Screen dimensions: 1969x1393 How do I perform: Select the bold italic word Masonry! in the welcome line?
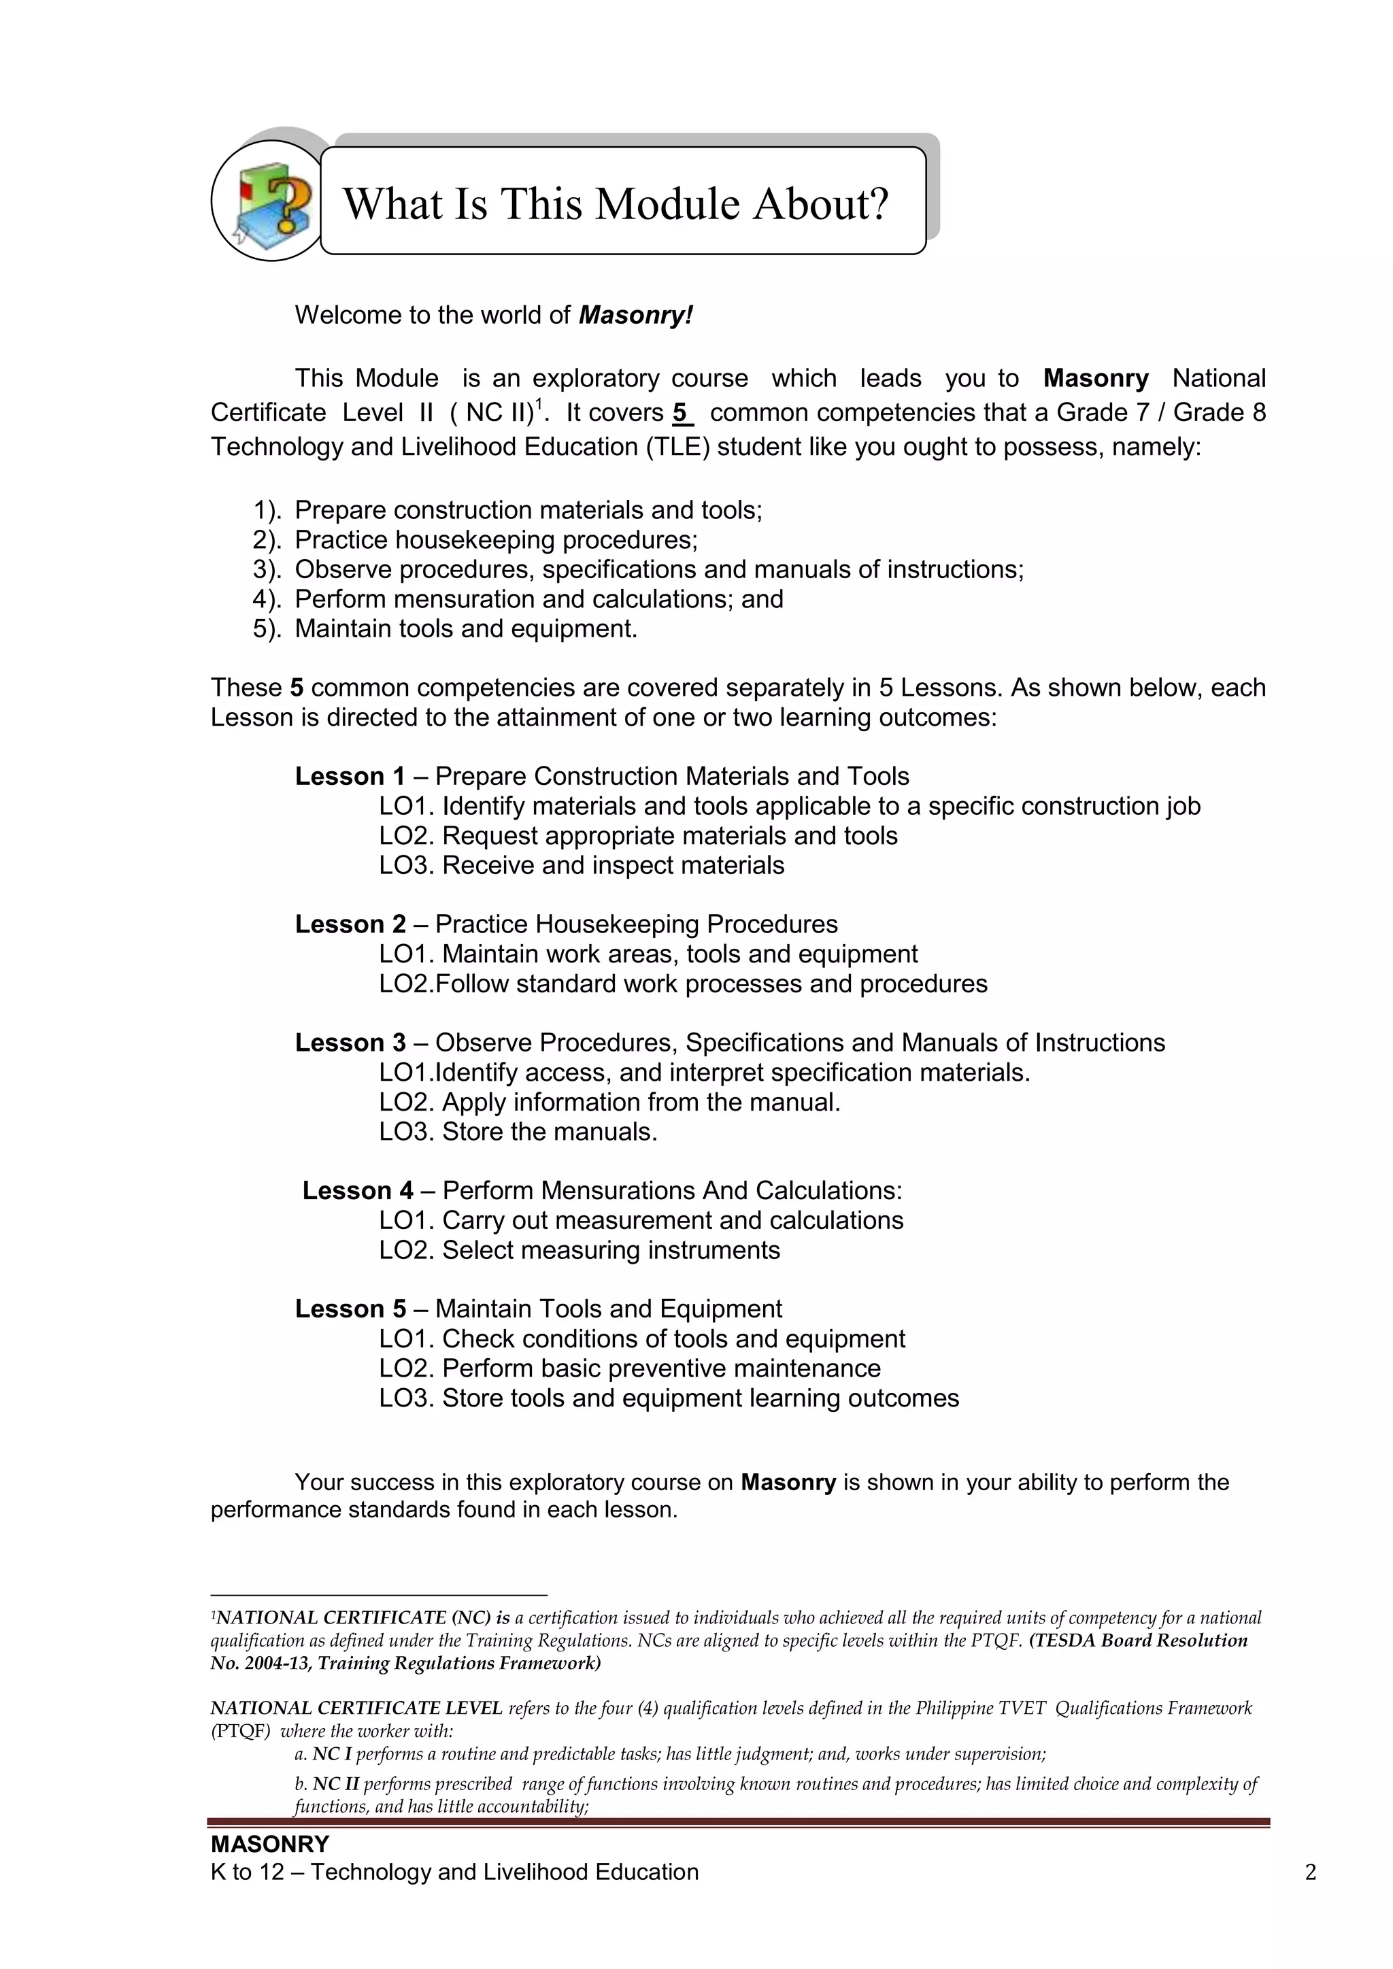tap(635, 316)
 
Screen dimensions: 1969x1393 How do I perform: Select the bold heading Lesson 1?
tap(350, 776)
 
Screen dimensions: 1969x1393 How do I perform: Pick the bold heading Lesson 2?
tap(350, 924)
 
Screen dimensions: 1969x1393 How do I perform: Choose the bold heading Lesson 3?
tap(350, 1042)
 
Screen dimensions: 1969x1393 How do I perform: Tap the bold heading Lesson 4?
tap(357, 1190)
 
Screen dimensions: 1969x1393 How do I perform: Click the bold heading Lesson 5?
tap(350, 1309)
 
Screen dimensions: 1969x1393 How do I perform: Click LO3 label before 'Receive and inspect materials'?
tap(407, 865)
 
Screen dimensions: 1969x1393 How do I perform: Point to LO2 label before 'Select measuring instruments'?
tap(407, 1249)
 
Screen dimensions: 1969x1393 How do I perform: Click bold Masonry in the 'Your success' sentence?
tap(788, 1483)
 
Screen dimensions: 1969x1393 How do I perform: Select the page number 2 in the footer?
tap(1310, 1872)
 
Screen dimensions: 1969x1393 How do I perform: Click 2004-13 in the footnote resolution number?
tap(272, 1664)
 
